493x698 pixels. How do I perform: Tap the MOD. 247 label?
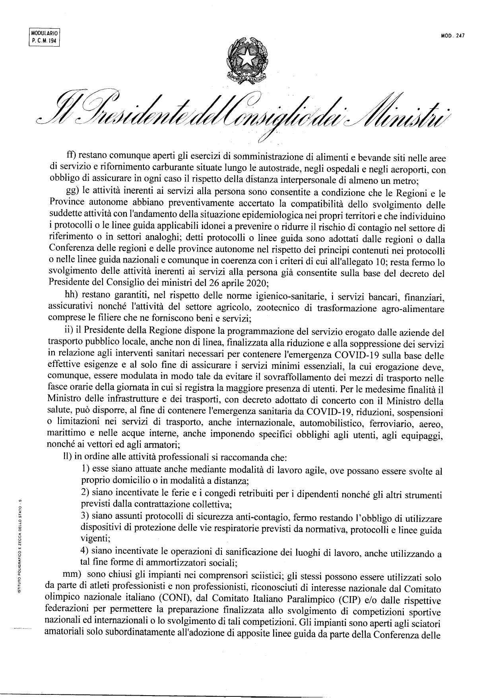[x=452, y=35]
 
